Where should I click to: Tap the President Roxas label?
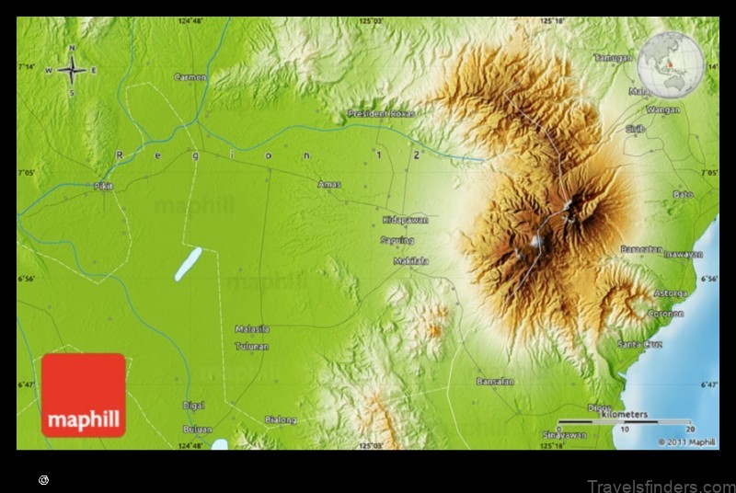click(381, 113)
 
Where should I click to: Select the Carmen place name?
click(190, 77)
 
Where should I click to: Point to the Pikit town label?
click(104, 186)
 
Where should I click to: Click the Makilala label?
click(410, 261)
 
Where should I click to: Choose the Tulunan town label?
click(251, 346)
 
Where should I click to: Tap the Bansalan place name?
click(495, 381)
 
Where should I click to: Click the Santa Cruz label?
click(640, 344)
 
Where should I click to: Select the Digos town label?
click(599, 407)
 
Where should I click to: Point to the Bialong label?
click(281, 420)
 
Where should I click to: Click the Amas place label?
click(328, 184)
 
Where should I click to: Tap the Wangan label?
click(663, 109)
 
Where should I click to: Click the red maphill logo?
click(84, 396)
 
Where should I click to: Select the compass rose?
click(72, 70)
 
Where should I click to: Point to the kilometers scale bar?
click(625, 423)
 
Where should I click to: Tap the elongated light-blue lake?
click(188, 264)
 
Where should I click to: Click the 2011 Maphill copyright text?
click(686, 441)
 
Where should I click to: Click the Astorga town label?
click(670, 293)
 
